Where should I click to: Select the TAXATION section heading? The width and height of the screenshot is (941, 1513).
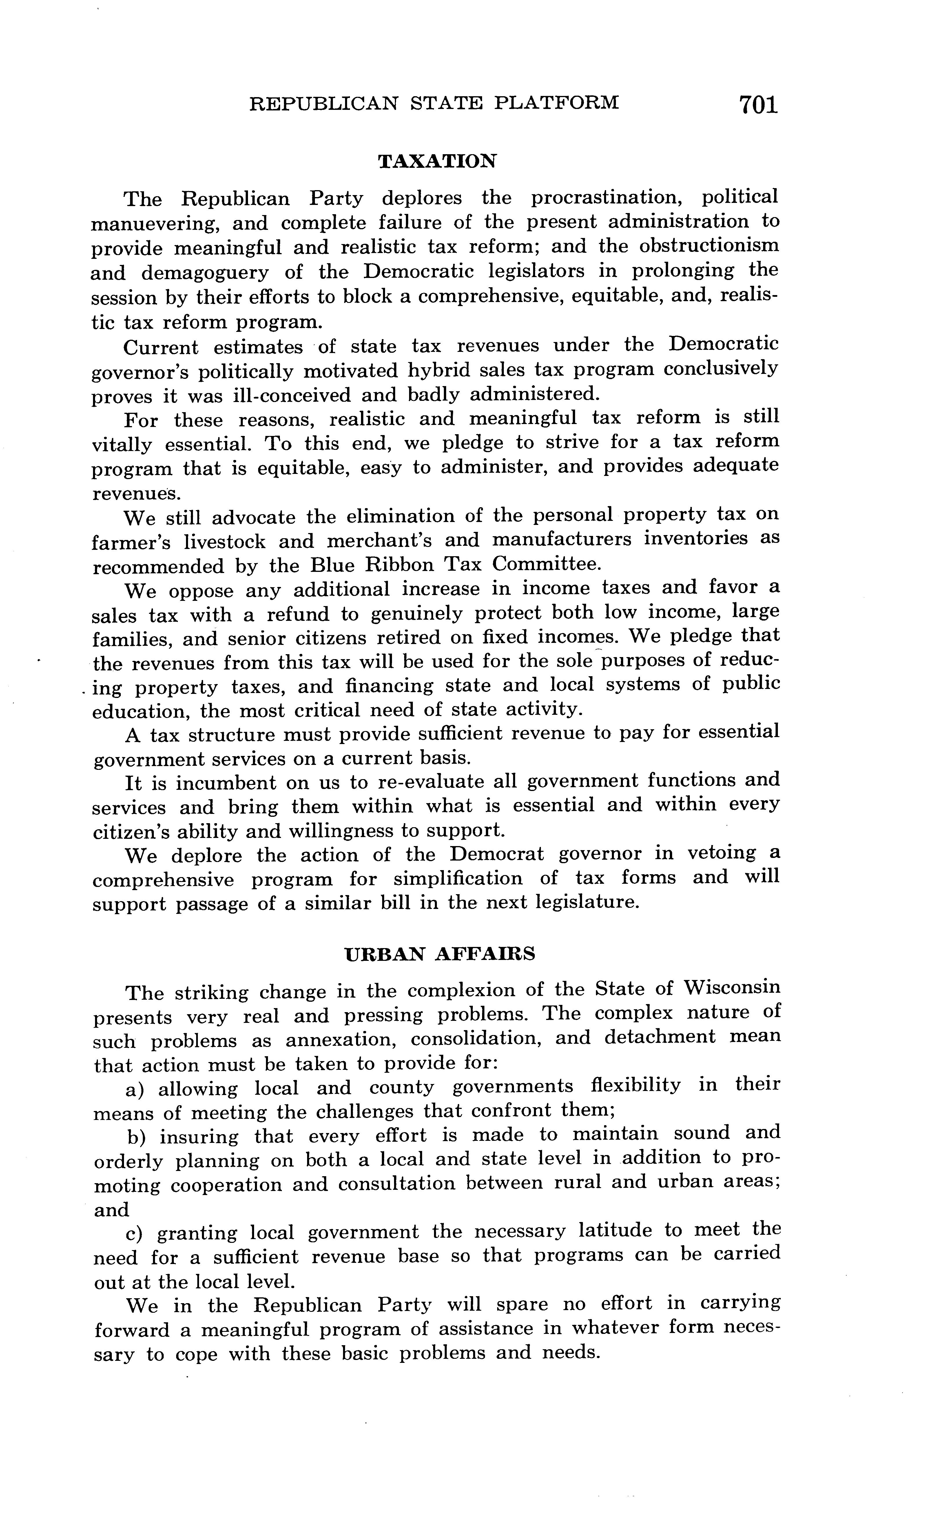click(x=437, y=161)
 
